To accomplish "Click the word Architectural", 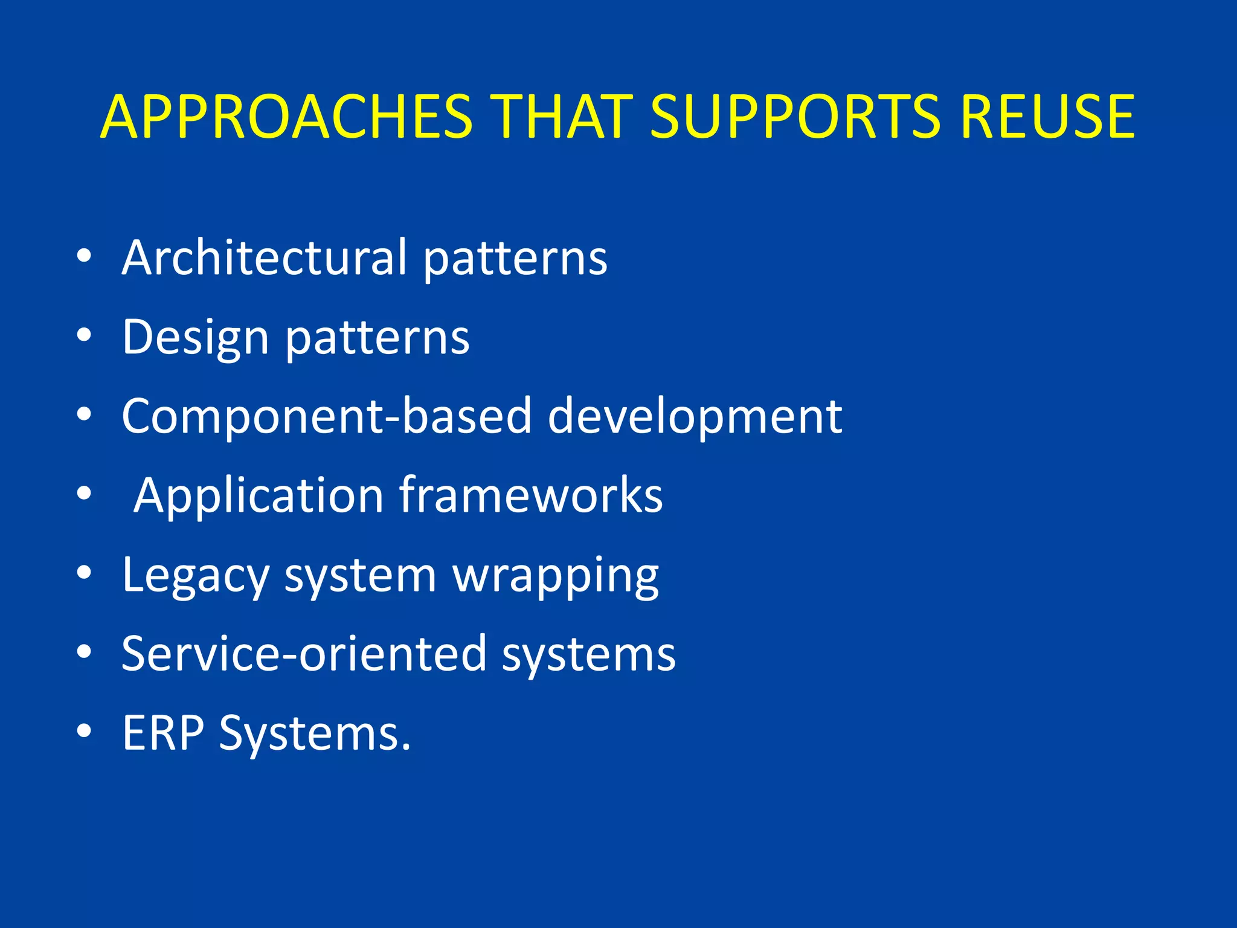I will tap(265, 257).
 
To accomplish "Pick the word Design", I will tap(195, 338).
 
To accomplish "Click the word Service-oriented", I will tap(304, 654).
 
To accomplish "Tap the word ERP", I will tap(163, 733).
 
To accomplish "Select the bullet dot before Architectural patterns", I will tap(84, 256).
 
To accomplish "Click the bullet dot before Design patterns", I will tap(84, 335).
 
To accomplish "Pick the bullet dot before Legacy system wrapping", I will tap(84, 573).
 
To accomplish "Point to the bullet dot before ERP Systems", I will tap(84, 731).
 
